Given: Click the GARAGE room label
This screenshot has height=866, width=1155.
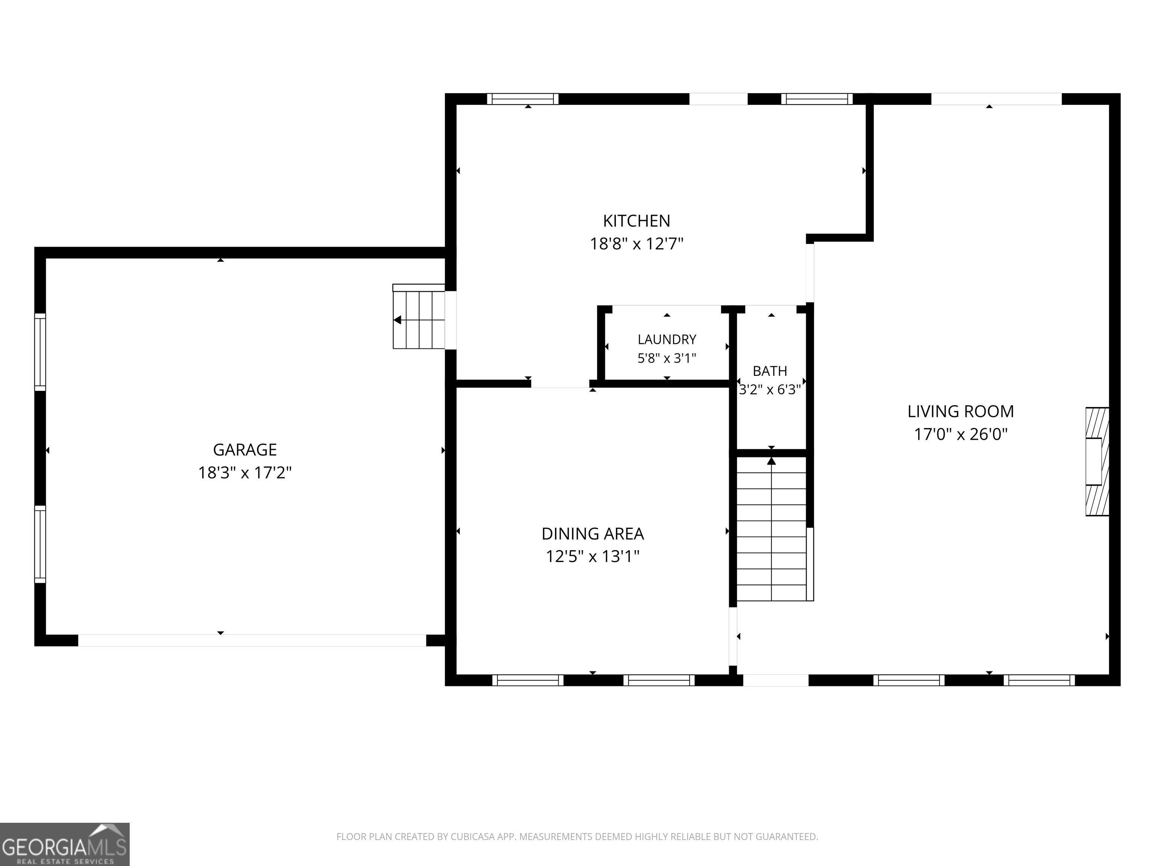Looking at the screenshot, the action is [x=244, y=450].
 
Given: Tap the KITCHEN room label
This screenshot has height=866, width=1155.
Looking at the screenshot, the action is [x=637, y=221].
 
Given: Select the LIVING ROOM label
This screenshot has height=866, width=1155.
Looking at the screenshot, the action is [x=961, y=411].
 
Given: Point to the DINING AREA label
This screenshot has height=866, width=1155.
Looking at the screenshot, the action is [x=593, y=533].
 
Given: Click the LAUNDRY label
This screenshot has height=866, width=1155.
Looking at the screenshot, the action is [x=667, y=339].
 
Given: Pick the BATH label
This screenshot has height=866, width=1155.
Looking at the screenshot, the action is [x=770, y=371].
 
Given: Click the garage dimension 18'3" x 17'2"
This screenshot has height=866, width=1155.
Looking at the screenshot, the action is [x=244, y=472].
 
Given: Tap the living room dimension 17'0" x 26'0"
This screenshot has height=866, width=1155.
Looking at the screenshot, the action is [x=961, y=434].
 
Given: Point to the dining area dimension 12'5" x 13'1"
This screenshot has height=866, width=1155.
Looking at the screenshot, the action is [x=593, y=556].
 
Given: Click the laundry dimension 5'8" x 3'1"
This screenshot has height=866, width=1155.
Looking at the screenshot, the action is [x=667, y=358].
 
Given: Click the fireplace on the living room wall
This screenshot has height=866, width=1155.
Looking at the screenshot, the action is [x=1097, y=462].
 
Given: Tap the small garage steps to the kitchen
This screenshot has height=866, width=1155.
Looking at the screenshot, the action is [x=419, y=316].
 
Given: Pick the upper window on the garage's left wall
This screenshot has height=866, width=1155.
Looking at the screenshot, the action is [x=40, y=352].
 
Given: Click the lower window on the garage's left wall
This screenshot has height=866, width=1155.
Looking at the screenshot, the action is [x=40, y=544].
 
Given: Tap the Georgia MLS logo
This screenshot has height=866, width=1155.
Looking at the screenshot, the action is [x=65, y=844].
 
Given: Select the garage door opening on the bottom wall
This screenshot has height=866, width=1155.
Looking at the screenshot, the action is [x=252, y=640].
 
